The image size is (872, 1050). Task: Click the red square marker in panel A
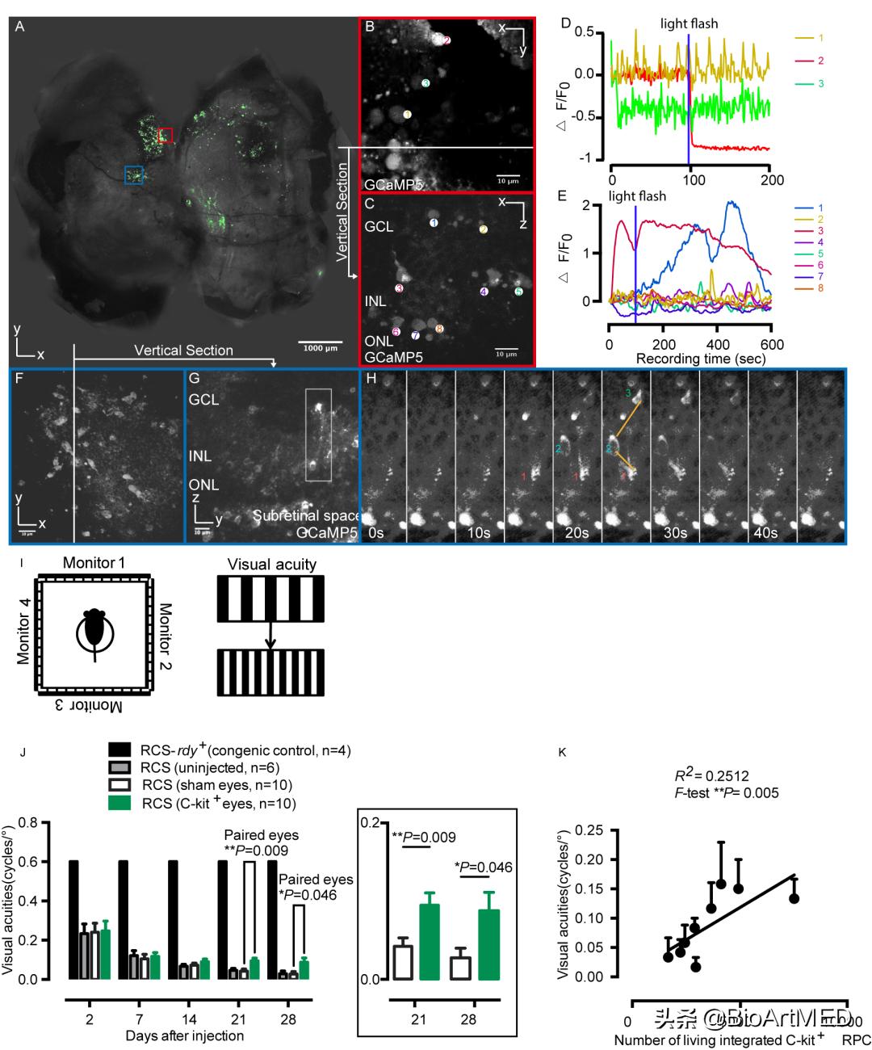(166, 136)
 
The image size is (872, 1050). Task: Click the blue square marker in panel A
(135, 175)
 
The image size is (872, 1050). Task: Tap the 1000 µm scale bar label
(320, 348)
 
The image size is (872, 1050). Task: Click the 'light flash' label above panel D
(689, 23)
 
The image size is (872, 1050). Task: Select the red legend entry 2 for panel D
(820, 61)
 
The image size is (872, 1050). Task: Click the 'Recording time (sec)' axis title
(701, 357)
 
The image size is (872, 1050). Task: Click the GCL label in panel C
(379, 227)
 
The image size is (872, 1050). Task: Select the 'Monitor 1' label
(94, 563)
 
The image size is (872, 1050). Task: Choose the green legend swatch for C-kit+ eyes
(119, 803)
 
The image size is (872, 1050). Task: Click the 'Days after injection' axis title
(185, 1035)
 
